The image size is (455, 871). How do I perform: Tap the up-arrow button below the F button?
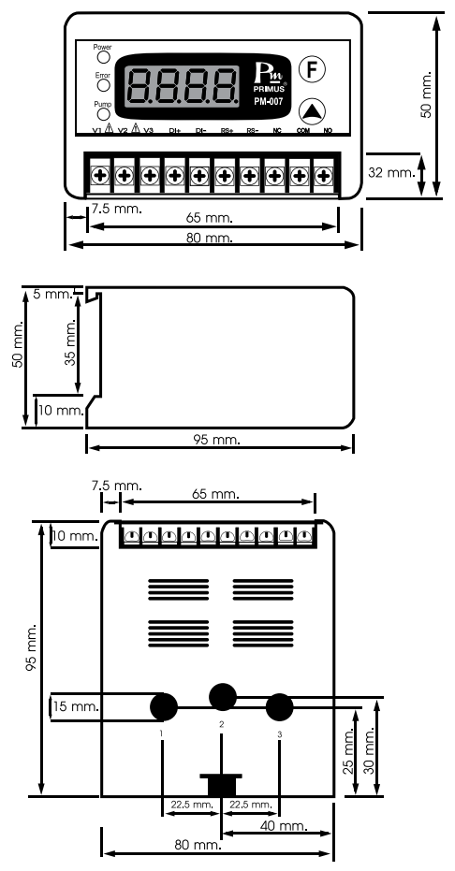(x=312, y=109)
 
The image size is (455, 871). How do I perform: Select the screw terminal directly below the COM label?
(x=299, y=174)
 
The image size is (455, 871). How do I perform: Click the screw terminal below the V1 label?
(x=97, y=174)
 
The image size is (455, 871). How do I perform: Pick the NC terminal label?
(x=277, y=131)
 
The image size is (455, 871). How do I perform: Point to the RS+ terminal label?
(x=227, y=131)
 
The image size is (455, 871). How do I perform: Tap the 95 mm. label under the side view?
(x=217, y=439)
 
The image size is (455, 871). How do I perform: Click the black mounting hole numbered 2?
(x=222, y=695)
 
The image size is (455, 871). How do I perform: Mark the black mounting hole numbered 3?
(x=280, y=705)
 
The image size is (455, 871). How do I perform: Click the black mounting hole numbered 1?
(x=164, y=705)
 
